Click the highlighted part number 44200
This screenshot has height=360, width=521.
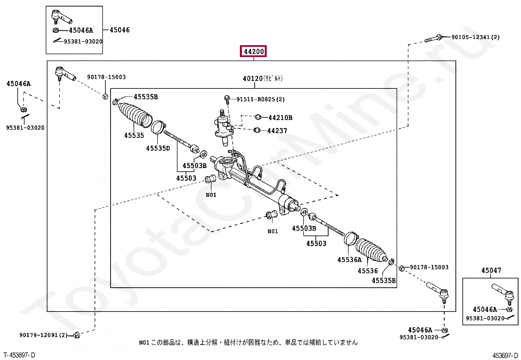click(x=254, y=51)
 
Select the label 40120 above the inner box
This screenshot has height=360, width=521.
click(x=253, y=79)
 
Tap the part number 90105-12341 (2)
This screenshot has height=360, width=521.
click(x=475, y=37)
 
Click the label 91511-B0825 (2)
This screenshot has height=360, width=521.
click(x=260, y=99)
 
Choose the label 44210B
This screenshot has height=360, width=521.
click(x=280, y=118)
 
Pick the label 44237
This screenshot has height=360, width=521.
click(x=277, y=131)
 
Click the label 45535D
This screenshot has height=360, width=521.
click(x=158, y=148)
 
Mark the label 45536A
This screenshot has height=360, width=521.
click(x=350, y=260)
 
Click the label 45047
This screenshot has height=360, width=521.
click(x=491, y=271)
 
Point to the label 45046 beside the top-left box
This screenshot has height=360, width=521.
click(x=119, y=30)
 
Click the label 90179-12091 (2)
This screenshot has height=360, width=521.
click(x=43, y=335)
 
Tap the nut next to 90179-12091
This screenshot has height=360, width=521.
click(x=76, y=335)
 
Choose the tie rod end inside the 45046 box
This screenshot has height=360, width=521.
click(x=61, y=17)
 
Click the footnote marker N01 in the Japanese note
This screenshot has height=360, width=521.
click(x=144, y=343)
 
